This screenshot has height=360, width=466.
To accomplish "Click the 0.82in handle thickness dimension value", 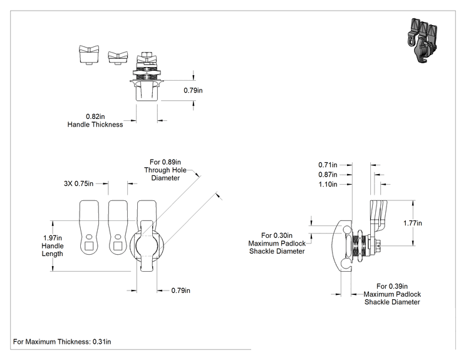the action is tap(95, 116).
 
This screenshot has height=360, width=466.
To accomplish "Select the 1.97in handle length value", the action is tap(53, 238).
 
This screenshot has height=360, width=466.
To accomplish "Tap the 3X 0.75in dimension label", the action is tap(78, 183).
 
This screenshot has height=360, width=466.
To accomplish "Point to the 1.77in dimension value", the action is tap(413, 223).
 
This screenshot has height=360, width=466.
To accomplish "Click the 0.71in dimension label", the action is tap(328, 165).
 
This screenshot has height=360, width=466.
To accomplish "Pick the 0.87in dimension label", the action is tap(328, 175).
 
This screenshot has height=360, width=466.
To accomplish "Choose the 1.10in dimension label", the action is tap(328, 185).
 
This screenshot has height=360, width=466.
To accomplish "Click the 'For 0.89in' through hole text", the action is tap(165, 162).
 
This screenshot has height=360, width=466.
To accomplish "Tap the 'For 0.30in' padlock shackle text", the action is tap(277, 235).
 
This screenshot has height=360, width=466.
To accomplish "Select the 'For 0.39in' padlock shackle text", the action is tap(392, 286).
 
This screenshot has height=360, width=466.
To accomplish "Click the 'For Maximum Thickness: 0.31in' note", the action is tap(62, 342).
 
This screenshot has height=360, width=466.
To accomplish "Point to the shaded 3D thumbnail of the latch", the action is tap(422, 41).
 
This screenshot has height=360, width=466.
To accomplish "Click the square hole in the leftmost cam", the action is tap(89, 246).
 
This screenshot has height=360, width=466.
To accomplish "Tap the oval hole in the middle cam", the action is tap(118, 237).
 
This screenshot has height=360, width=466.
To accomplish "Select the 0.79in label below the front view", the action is tap(180, 291).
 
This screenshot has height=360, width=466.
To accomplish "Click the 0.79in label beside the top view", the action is tap(193, 90).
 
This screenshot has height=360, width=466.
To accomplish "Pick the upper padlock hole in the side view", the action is tap(347, 230).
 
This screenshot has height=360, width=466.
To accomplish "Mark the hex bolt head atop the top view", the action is tap(146, 54).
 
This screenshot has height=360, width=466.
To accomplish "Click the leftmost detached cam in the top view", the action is tap(89, 54).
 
